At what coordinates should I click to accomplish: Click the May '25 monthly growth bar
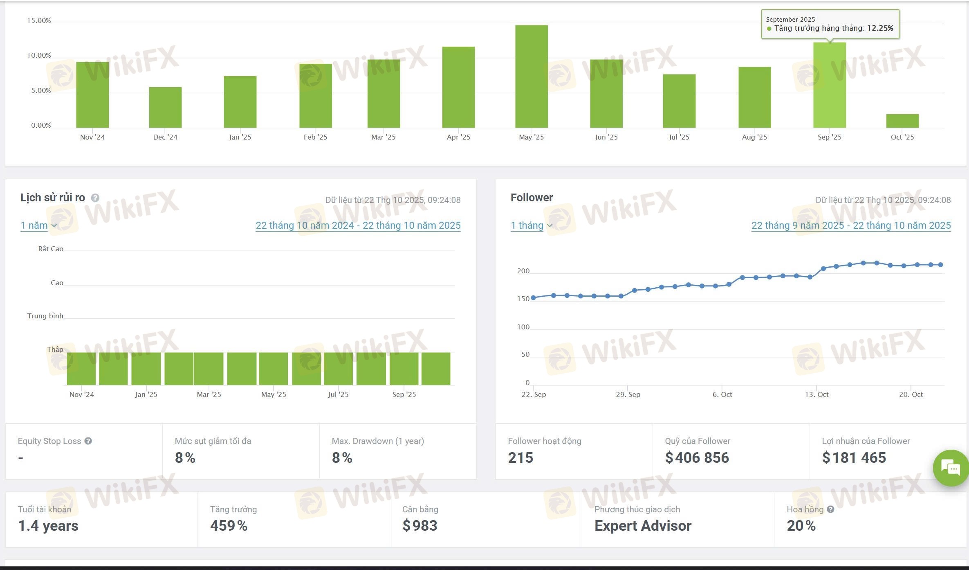531,77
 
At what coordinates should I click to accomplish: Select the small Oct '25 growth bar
902,121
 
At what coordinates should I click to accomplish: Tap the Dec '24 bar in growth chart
165,107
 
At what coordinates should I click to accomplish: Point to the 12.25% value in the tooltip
880,28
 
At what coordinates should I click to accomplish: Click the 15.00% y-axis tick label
39,20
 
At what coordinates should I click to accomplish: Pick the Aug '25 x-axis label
754,137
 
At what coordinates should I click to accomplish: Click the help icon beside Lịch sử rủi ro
95,198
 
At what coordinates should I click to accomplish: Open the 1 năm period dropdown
38,225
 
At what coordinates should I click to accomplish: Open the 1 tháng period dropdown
531,225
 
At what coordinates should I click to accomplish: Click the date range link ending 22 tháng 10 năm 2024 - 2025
358,225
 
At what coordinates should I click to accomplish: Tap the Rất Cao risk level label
51,249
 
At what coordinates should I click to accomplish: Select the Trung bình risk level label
45,316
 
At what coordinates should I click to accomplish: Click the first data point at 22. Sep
533,297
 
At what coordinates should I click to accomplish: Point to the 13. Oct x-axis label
816,394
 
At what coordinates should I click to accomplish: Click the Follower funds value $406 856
697,457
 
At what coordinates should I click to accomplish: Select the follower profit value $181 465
854,457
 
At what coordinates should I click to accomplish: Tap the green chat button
951,468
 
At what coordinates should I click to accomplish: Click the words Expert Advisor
643,526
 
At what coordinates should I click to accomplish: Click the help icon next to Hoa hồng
830,509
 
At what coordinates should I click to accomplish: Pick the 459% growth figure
229,526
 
